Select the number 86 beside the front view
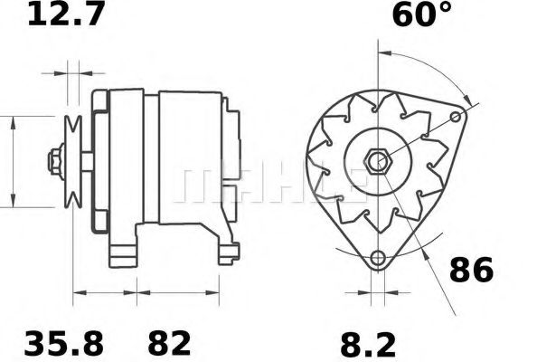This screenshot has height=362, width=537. pyautogui.click(x=471, y=270)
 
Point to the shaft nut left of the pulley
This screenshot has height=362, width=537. pyautogui.click(x=56, y=163)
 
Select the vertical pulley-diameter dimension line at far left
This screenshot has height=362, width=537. pyautogui.click(x=13, y=163)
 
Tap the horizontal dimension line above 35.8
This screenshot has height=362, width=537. pyautogui.click(x=104, y=293)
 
